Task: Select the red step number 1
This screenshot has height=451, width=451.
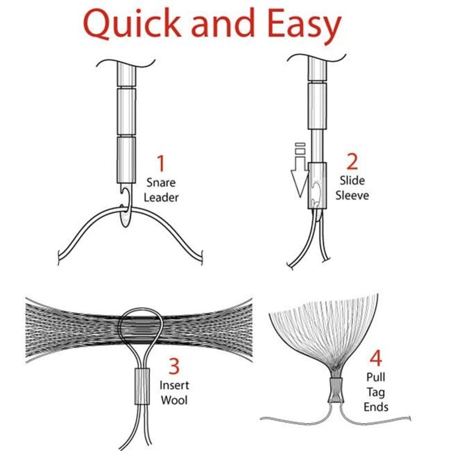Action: [x=161, y=164]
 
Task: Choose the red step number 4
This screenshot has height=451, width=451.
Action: [x=376, y=358]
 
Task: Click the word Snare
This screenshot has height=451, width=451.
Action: [x=161, y=183]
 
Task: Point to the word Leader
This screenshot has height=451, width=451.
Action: [x=161, y=197]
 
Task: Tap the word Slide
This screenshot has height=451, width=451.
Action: [x=352, y=180]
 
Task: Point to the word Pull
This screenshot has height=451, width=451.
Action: [x=376, y=378]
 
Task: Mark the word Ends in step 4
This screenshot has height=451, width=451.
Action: [x=376, y=407]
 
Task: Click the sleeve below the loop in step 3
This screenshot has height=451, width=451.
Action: [x=141, y=388]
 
